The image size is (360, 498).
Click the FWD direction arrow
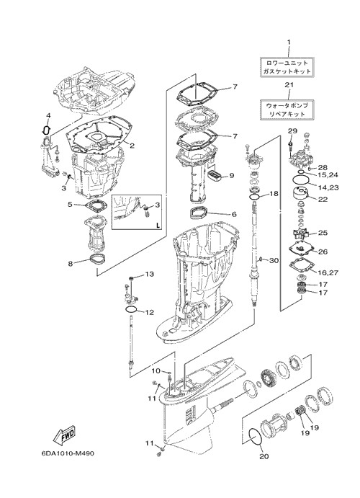64,435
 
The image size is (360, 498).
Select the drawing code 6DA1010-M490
68,453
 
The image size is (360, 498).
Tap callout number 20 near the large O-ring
264,456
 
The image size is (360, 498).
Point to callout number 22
323,200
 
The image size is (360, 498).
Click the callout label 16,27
327,272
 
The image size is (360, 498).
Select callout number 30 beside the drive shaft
274,260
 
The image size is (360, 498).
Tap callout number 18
274,193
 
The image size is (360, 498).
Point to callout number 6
234,214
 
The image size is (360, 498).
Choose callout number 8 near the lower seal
71,263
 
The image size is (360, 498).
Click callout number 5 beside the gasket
71,205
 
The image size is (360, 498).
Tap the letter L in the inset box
158,226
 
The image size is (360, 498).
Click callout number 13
149,274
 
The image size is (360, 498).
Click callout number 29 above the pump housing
292,130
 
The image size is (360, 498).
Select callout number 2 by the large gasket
132,146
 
